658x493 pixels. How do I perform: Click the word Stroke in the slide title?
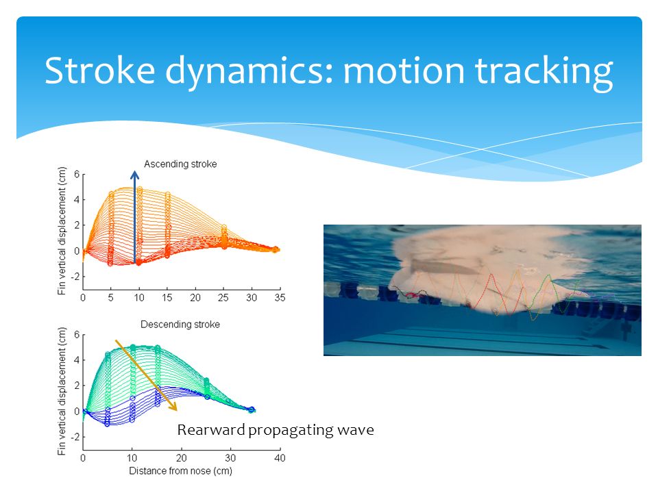pos(100,70)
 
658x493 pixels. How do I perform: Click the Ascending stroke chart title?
pos(180,164)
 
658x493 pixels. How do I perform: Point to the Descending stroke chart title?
pos(180,325)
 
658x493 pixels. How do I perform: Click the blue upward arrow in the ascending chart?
pos(135,217)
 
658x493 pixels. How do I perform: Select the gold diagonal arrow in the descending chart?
pos(146,375)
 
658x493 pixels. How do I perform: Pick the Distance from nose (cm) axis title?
pos(180,471)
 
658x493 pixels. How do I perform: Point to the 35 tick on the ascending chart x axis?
pos(280,298)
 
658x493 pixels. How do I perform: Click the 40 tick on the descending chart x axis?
pos(280,458)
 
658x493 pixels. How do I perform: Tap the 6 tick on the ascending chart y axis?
pos(77,174)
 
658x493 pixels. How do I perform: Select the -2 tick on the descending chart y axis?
pos(75,437)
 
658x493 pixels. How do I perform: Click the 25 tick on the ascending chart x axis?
pos(223,298)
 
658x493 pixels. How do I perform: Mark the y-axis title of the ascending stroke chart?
pos(62,231)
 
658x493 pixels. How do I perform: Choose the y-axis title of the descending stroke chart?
pos(62,392)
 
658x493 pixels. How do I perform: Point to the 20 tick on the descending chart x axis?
pos(182,458)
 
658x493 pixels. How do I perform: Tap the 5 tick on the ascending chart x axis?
pos(111,298)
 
